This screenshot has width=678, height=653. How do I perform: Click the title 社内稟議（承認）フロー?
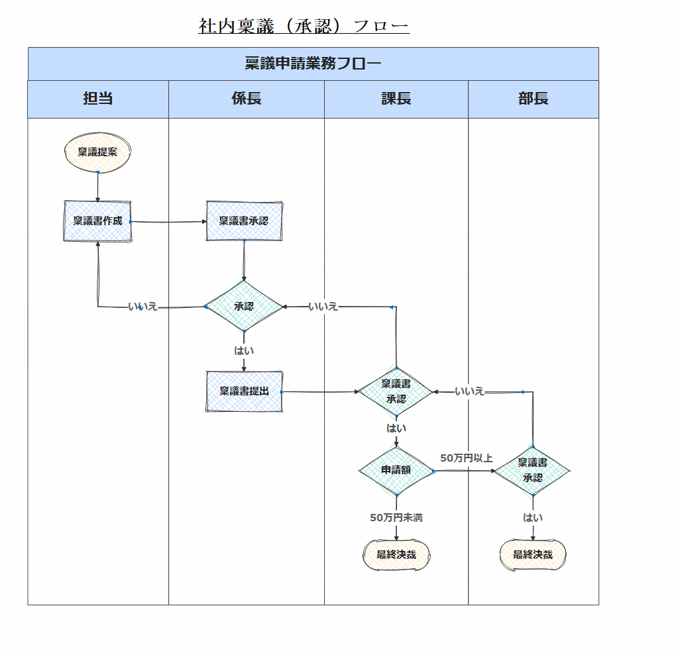click(304, 26)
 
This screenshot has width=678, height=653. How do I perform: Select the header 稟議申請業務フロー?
click(313, 64)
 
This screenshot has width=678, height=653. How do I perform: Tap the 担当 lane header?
click(98, 99)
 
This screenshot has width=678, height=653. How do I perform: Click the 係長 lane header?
click(246, 99)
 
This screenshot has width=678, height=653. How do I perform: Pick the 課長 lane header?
click(396, 99)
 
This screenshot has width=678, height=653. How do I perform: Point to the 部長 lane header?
click(533, 99)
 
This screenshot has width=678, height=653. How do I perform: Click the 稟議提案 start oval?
click(98, 152)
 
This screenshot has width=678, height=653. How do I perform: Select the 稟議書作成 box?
click(98, 221)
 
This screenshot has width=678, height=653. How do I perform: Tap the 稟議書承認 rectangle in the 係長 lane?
click(244, 221)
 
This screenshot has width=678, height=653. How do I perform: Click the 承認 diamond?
click(244, 307)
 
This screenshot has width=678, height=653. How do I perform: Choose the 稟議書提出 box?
click(244, 391)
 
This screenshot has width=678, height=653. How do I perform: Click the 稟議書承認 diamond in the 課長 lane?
click(396, 392)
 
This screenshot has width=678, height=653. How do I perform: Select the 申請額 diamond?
click(396, 470)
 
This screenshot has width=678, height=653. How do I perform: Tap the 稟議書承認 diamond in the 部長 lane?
click(532, 470)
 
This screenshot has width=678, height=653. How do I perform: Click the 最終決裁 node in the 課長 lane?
click(396, 555)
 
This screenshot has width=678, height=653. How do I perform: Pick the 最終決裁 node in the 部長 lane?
click(533, 555)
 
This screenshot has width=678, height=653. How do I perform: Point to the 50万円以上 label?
click(466, 458)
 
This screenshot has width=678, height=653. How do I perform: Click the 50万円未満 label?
click(396, 518)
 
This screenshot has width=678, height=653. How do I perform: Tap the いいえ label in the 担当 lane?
click(143, 307)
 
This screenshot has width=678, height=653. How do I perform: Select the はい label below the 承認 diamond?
click(244, 350)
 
